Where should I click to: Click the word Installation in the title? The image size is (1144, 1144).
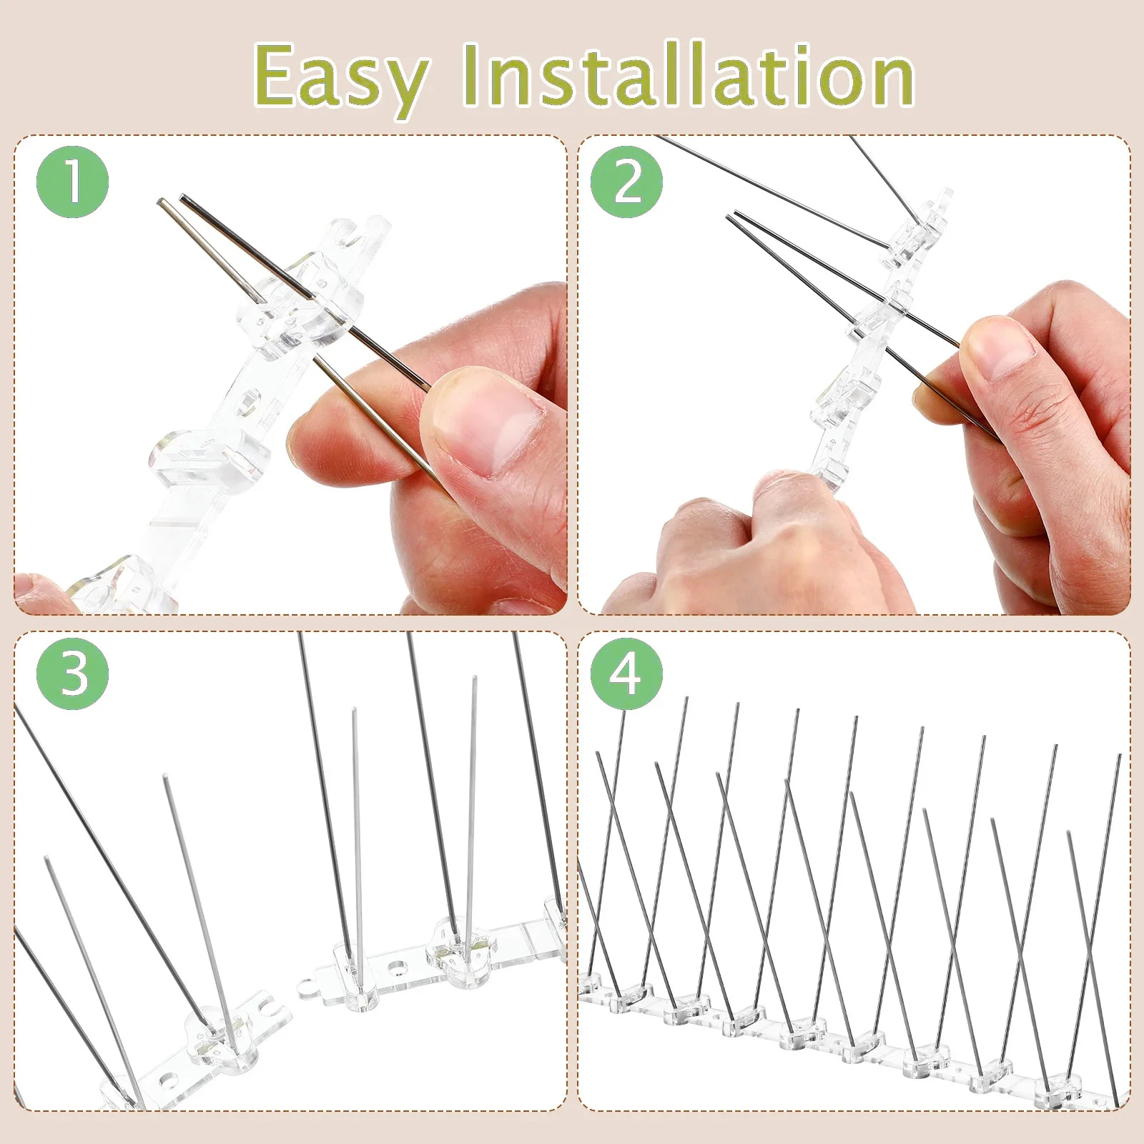coord(688,74)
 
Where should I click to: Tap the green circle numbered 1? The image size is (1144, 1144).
coord(72,182)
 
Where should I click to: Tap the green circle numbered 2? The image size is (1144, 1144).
coord(626,182)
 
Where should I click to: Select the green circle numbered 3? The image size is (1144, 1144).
coord(72,674)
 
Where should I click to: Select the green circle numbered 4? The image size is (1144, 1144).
coord(626,674)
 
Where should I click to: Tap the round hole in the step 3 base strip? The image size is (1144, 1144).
coord(394,967)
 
